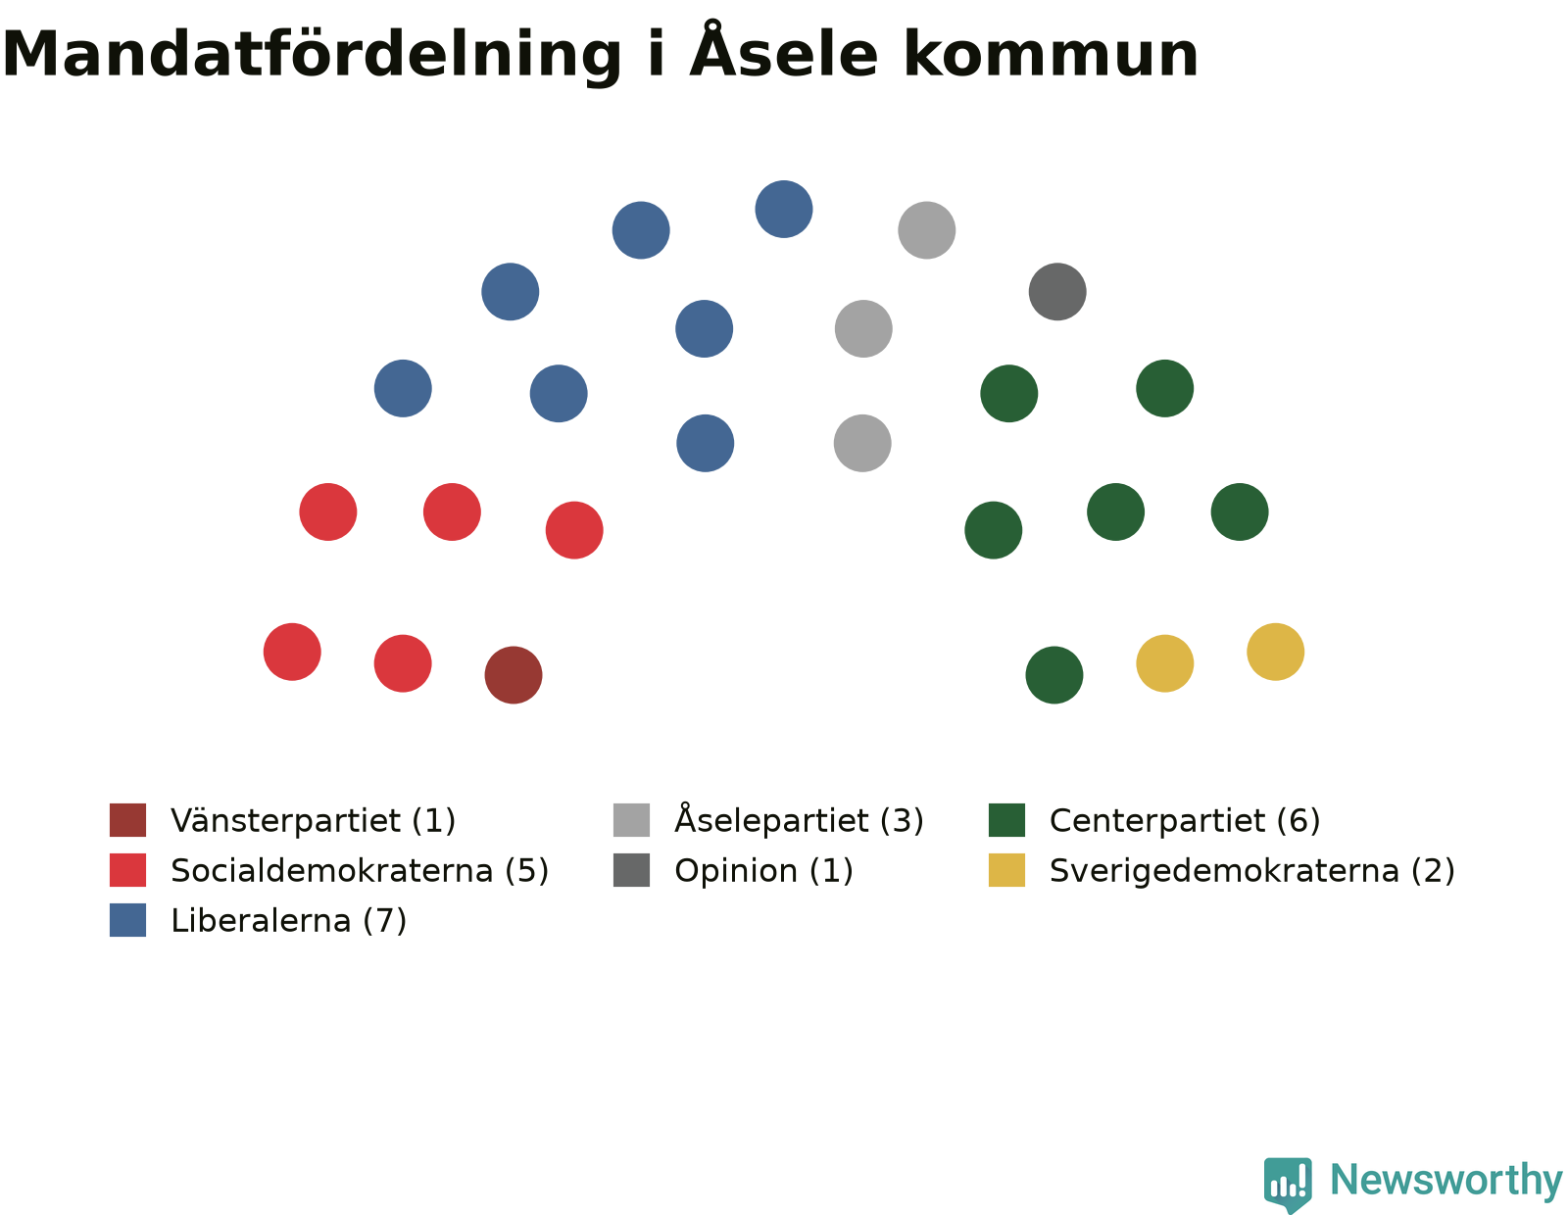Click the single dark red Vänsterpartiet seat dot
pyautogui.click(x=514, y=675)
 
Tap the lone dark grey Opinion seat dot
pyautogui.click(x=1057, y=291)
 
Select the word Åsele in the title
pyautogui.click(x=784, y=51)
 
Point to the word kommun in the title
pyautogui.click(x=1051, y=55)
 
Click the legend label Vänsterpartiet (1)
pyautogui.click(x=313, y=821)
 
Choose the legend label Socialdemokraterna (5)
pyautogui.click(x=360, y=871)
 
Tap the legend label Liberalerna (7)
pyautogui.click(x=289, y=921)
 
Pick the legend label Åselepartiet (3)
pyautogui.click(x=799, y=819)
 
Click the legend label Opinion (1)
pyautogui.click(x=763, y=871)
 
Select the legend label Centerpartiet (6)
pyautogui.click(x=1185, y=821)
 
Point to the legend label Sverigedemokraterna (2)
pyautogui.click(x=1251, y=871)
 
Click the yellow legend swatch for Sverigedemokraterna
pyautogui.click(x=1006, y=870)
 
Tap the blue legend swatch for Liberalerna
pyautogui.click(x=127, y=920)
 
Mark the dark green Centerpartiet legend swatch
pyautogui.click(x=1006, y=820)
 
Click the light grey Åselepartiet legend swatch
pyautogui.click(x=631, y=820)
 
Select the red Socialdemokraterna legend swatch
pyautogui.click(x=127, y=870)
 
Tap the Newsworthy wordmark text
pyautogui.click(x=1446, y=1181)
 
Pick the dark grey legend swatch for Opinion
pyautogui.click(x=631, y=870)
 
